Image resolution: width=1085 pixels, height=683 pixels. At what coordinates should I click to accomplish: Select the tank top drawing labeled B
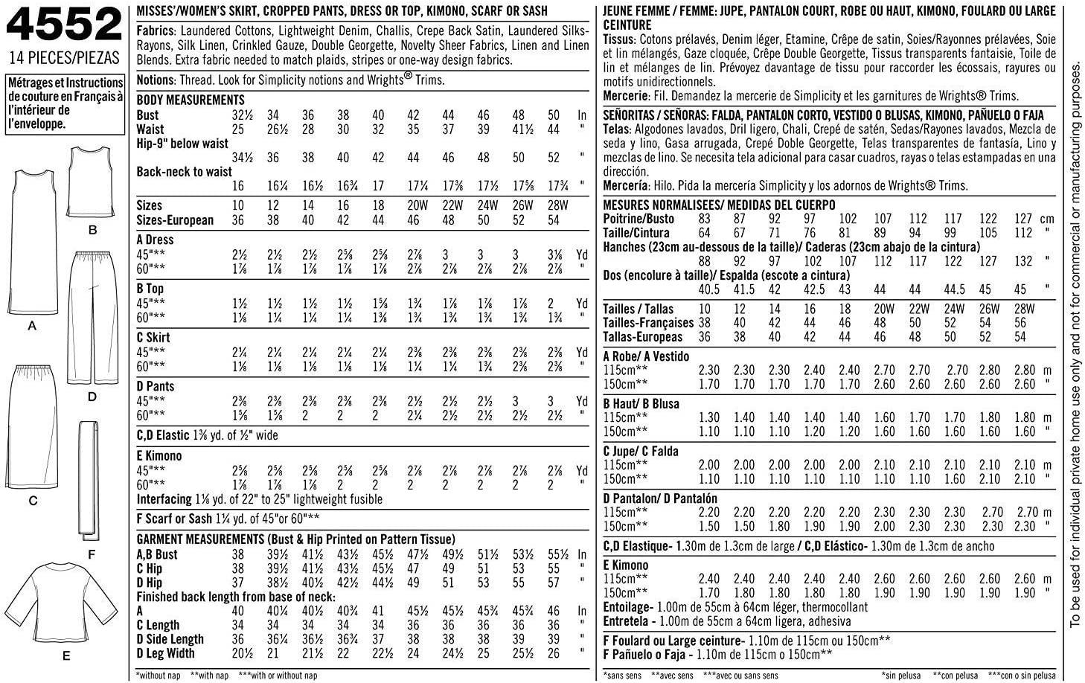[92, 182]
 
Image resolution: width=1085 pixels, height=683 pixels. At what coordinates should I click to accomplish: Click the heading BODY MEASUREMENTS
[191, 100]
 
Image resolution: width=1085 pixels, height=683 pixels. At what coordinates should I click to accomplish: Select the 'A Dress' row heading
[155, 240]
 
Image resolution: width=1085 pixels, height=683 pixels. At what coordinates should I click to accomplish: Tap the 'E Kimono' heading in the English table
[159, 456]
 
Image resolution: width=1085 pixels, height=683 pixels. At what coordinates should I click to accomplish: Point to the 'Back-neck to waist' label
[185, 172]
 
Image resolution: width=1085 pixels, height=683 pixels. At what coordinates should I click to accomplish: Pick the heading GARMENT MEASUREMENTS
[295, 539]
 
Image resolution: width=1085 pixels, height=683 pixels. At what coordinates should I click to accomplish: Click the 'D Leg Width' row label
[166, 653]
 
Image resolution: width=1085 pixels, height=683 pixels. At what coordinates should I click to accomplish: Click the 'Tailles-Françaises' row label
[648, 323]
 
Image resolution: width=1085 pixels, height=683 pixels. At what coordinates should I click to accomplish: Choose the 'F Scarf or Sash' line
[228, 519]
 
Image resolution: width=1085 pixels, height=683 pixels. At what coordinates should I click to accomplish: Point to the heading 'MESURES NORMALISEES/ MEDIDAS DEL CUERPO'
[719, 205]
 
